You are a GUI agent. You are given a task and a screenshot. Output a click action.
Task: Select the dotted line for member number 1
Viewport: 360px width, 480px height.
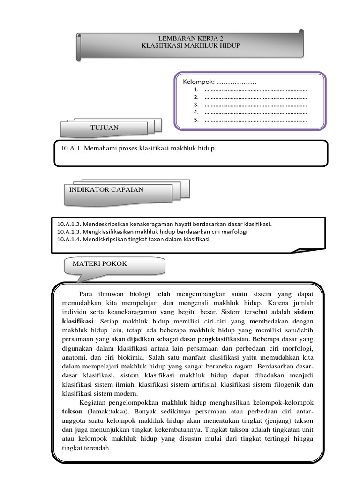coord(256,90)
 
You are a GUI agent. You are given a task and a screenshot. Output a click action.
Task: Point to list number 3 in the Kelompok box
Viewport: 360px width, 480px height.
coord(196,105)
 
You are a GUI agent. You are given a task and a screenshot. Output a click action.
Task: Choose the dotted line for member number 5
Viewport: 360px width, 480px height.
coord(256,120)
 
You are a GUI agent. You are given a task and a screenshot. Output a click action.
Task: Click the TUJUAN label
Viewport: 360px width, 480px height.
coord(105,127)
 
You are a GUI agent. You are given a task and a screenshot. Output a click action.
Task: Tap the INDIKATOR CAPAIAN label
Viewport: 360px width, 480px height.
coord(106,190)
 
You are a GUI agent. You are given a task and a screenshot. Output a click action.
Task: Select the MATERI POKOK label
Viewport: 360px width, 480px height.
coord(100,264)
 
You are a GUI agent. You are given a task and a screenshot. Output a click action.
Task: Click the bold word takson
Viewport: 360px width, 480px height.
coord(72,411)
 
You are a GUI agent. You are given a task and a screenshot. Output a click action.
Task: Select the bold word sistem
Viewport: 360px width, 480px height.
coord(303,311)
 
